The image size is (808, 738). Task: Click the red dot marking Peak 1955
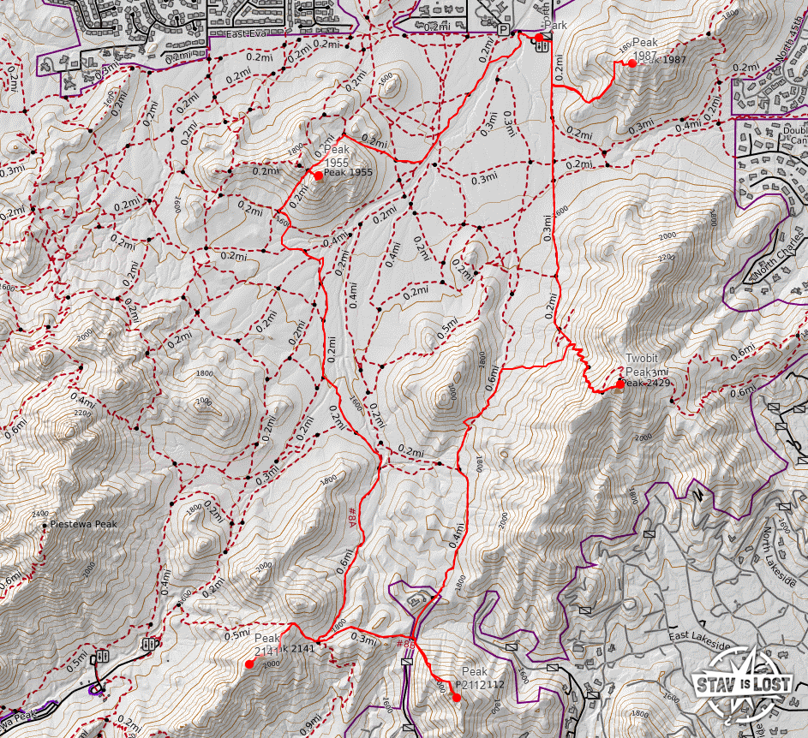[x=318, y=176]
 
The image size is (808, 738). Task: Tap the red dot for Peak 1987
[x=632, y=62]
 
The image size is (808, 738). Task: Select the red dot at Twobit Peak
[x=619, y=384]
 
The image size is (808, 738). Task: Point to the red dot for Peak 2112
[x=457, y=698]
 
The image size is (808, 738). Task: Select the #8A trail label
[x=351, y=515]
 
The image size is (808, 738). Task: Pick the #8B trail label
[x=405, y=643]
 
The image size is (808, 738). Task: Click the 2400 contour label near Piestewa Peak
[x=39, y=514]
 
